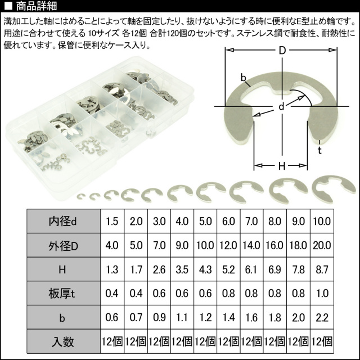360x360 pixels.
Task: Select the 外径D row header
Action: [x=64, y=245]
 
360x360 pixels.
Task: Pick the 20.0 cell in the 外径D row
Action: [x=322, y=245]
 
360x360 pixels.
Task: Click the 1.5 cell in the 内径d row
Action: [x=112, y=221]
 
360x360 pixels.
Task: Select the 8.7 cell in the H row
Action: [x=322, y=269]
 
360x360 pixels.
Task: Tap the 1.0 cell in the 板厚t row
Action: [x=322, y=294]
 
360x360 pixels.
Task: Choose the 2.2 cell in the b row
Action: [x=322, y=317]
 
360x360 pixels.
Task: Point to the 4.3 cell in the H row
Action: [x=205, y=269]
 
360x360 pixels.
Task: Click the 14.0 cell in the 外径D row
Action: [x=251, y=245]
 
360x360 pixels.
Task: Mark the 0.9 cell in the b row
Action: [x=159, y=317]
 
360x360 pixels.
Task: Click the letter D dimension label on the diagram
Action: [x=282, y=51]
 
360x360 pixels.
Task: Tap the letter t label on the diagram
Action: [x=319, y=150]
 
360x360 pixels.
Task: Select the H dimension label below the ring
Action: [x=282, y=166]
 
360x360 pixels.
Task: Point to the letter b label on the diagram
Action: [x=243, y=78]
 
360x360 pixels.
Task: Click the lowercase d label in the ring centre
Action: [x=281, y=106]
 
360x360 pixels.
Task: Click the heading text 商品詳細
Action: [x=36, y=6]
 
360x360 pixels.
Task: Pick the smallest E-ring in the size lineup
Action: [x=81, y=197]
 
